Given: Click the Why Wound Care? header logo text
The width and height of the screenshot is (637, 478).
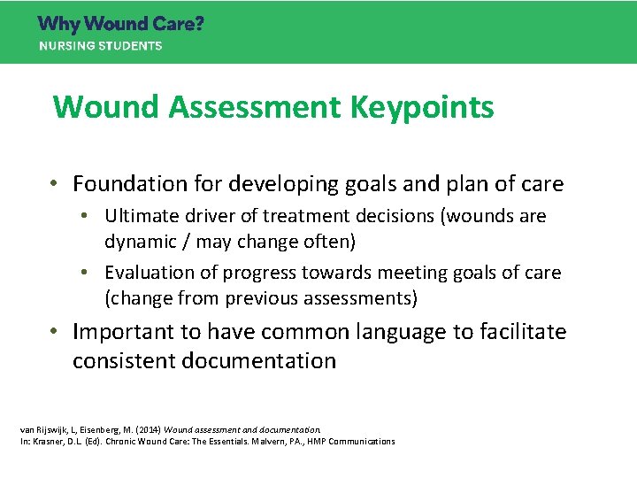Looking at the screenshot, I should (120, 24).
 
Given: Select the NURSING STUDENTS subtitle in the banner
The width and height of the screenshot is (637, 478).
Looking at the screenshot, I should (100, 46).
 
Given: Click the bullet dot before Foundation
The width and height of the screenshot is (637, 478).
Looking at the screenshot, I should (55, 184).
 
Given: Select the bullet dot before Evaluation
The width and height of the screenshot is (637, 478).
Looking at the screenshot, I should (92, 273).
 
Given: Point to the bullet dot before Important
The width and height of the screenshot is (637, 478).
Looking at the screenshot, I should (55, 332).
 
